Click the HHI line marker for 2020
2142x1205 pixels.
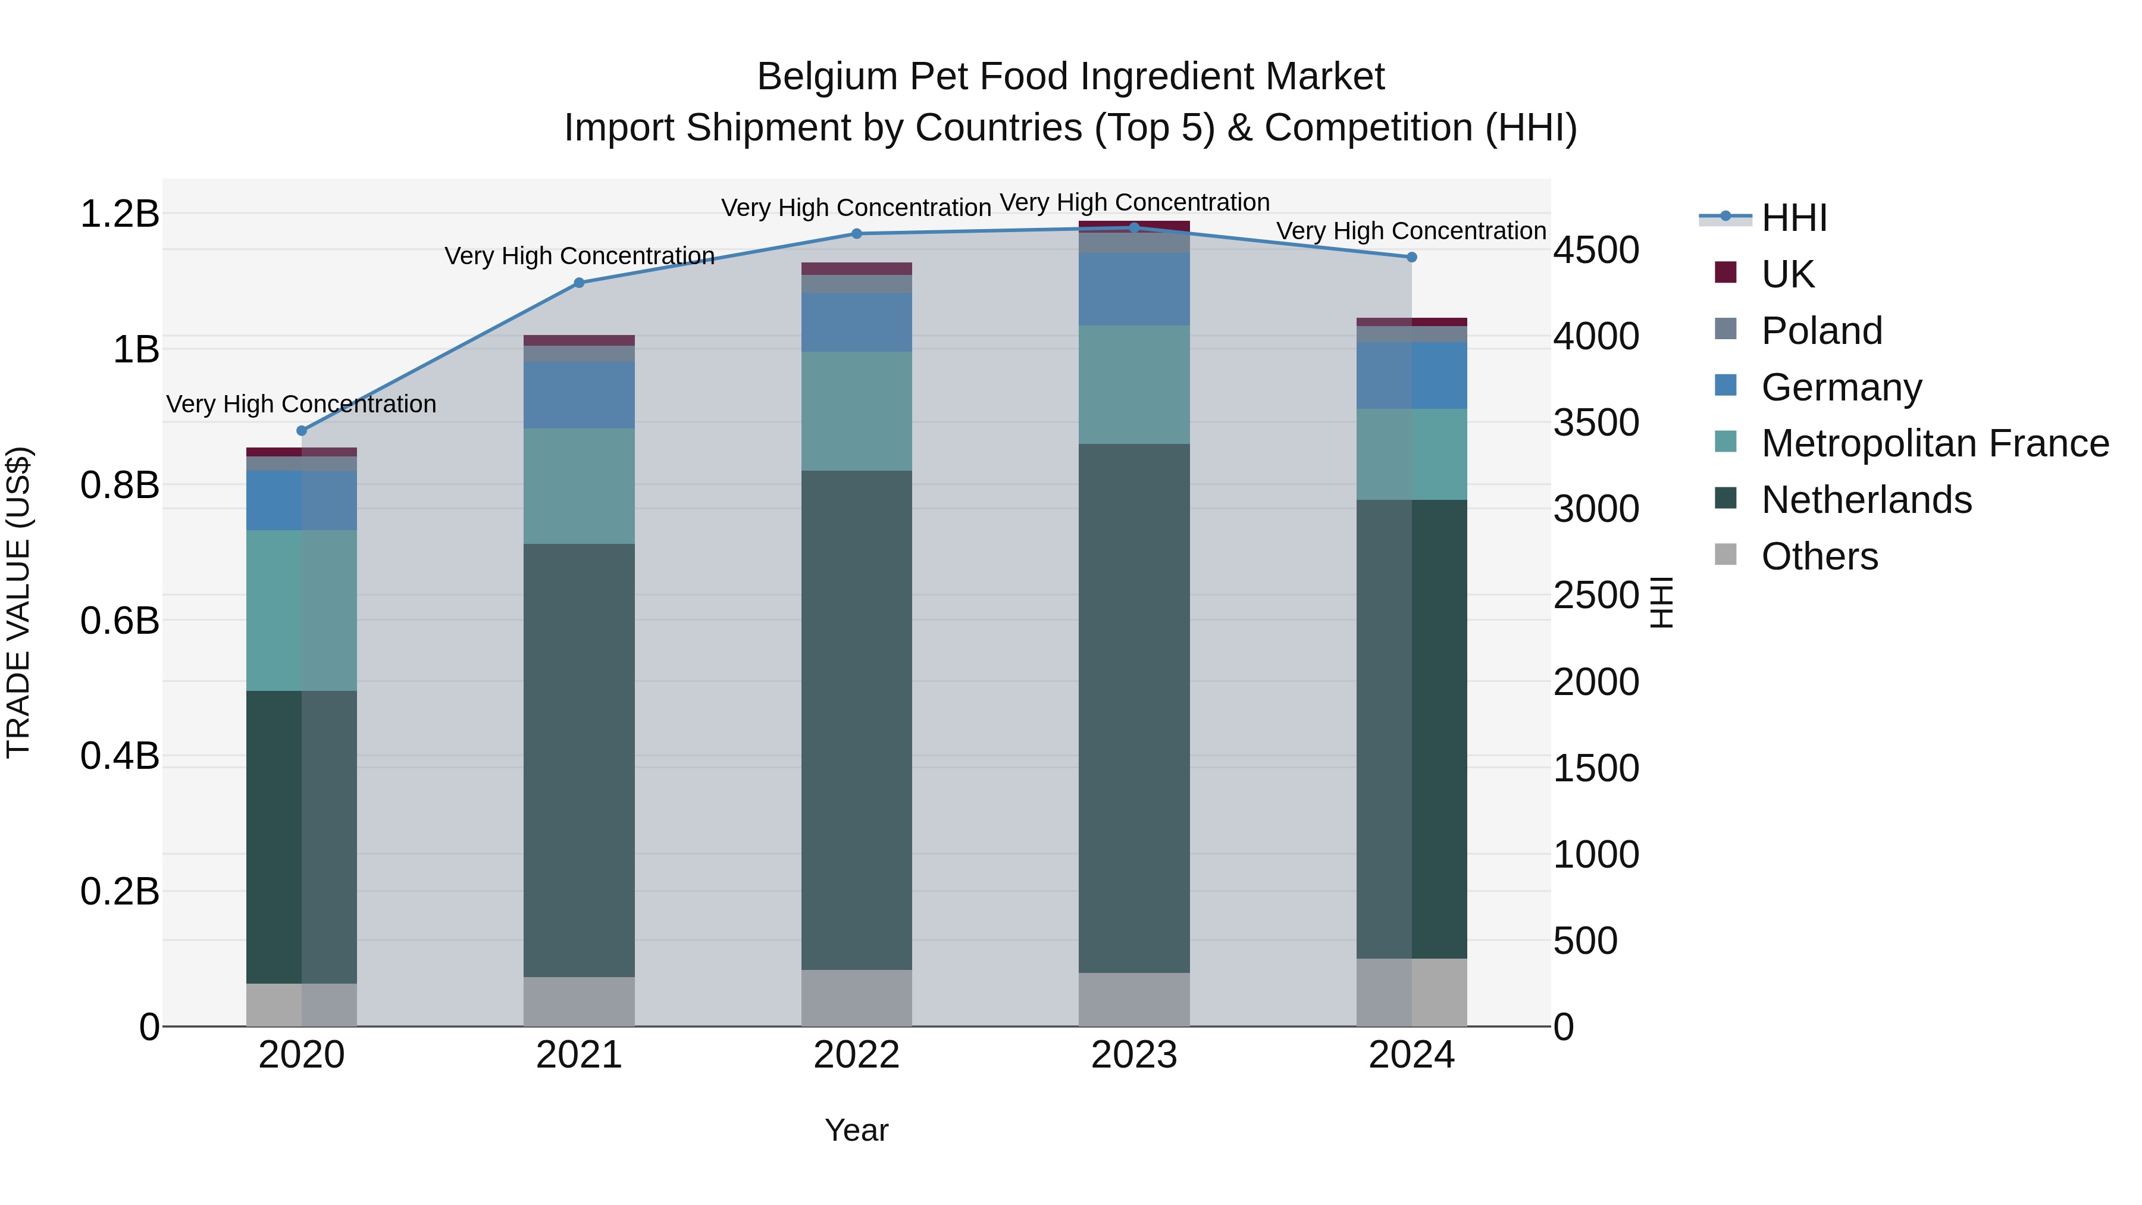302,431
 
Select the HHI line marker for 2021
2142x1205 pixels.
580,283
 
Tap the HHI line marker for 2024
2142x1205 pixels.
1411,258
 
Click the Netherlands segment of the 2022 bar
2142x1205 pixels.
856,719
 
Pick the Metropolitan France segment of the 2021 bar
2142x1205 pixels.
579,487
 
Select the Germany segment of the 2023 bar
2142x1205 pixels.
1134,289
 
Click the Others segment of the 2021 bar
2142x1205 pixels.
579,1001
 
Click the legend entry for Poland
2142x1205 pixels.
1821,331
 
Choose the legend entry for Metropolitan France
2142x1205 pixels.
1934,443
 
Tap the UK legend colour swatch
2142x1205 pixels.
1725,273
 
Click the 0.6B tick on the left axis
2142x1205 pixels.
120,621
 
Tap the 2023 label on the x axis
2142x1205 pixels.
1134,1055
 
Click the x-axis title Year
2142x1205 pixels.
856,1130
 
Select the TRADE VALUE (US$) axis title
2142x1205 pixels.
18,602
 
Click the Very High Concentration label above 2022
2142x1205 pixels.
856,208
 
